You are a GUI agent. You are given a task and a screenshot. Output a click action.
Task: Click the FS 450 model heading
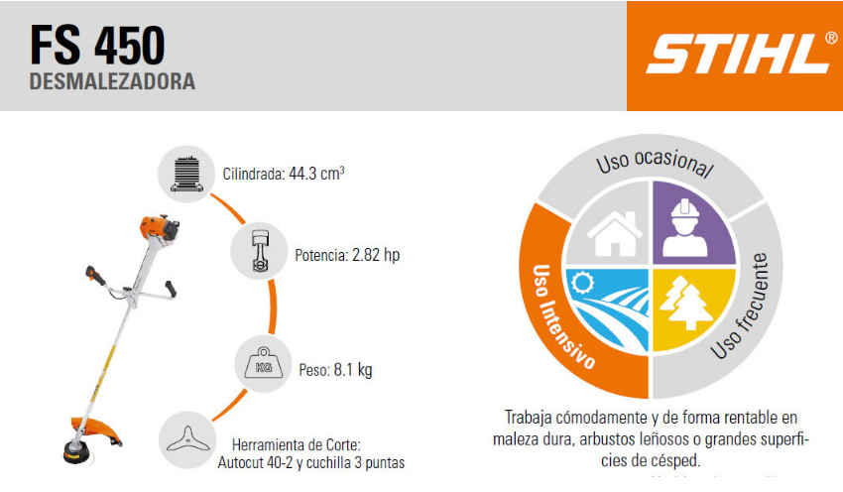[x=97, y=46]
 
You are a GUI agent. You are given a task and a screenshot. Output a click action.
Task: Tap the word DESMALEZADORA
[x=112, y=81]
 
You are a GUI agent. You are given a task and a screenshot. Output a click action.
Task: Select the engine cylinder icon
[x=186, y=175]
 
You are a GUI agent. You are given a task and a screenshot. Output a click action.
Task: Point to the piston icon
[x=260, y=252]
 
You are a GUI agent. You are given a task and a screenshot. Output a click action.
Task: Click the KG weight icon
[x=264, y=364]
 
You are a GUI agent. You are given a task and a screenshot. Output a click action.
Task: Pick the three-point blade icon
[x=187, y=439]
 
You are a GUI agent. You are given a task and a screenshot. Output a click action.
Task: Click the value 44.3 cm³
[x=316, y=174]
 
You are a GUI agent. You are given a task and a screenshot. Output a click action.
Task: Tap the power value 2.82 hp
[x=376, y=255]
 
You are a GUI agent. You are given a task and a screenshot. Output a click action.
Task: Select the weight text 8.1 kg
[x=353, y=370]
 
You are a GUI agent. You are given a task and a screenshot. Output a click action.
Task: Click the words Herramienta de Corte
[x=297, y=445]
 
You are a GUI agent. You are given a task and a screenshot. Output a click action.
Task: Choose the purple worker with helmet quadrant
[x=693, y=222]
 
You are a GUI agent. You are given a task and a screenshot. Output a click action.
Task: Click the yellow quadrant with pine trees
[x=691, y=308]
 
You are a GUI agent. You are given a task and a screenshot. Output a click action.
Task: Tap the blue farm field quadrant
[x=609, y=308]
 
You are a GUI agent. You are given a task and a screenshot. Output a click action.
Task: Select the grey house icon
[x=615, y=233]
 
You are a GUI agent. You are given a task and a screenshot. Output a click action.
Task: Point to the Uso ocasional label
[x=655, y=162]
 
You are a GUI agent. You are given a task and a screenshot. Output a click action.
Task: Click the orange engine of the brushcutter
[x=159, y=228]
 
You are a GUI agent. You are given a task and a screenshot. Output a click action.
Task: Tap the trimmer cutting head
[x=78, y=450]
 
